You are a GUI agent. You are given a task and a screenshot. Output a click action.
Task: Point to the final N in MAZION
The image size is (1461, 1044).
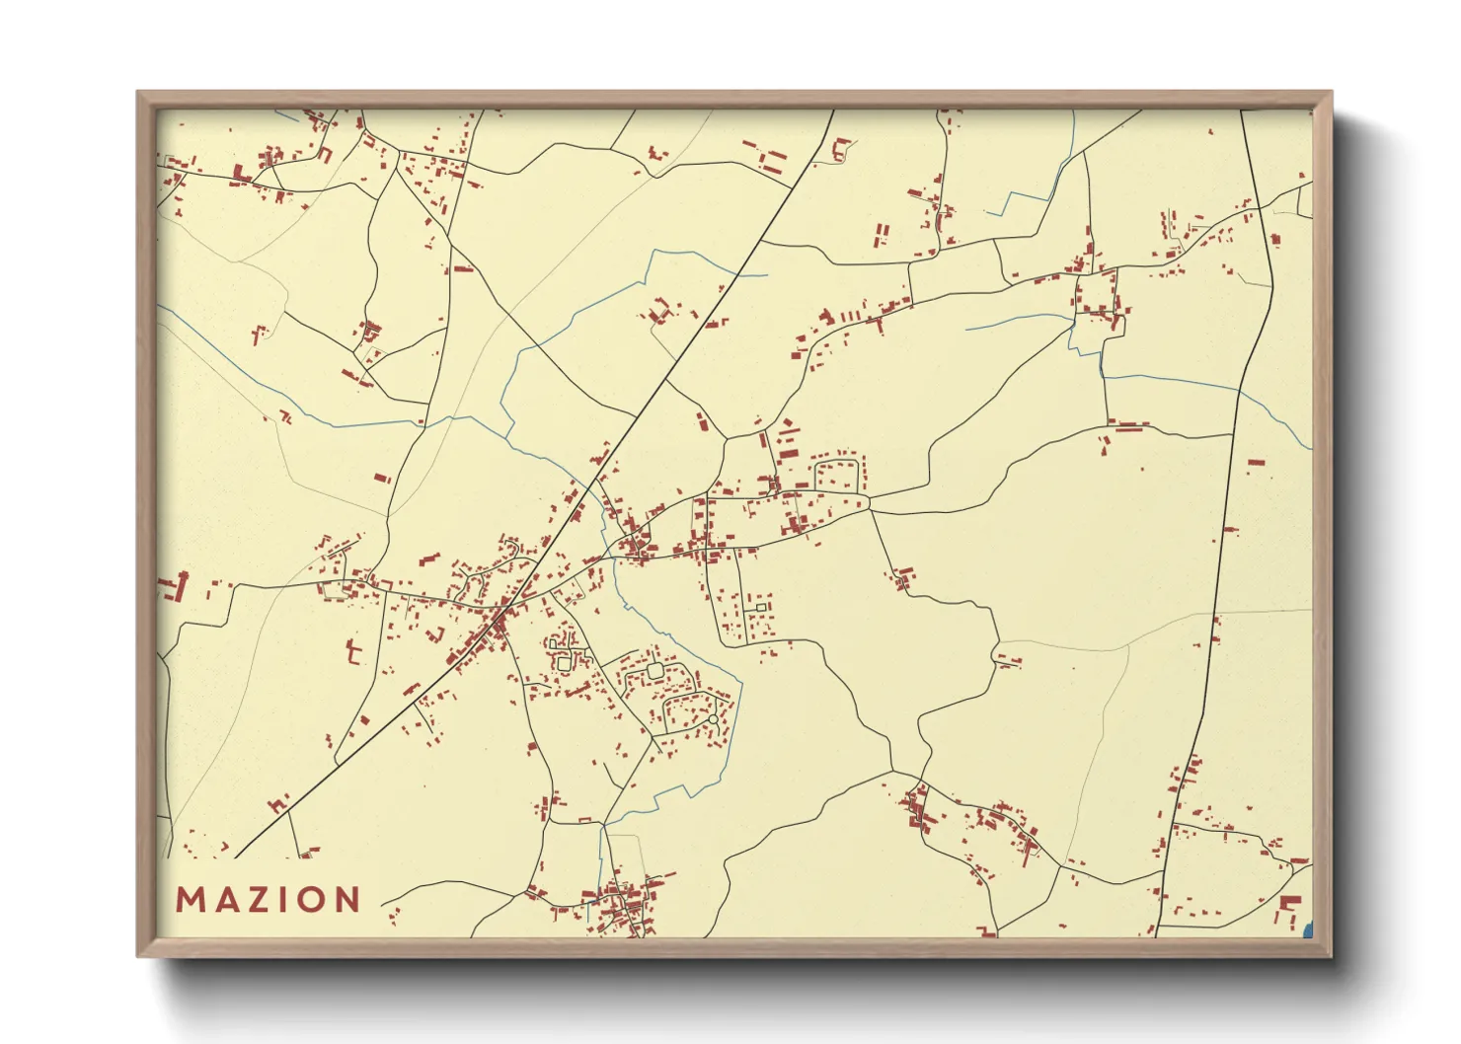pyautogui.click(x=348, y=900)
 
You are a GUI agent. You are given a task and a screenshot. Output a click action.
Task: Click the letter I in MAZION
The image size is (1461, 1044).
pyautogui.click(x=284, y=900)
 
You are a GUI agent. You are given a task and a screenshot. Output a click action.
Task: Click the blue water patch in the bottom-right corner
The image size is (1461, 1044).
pyautogui.click(x=1309, y=929)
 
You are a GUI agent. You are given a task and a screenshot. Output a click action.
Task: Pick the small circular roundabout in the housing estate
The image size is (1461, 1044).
pyautogui.click(x=713, y=719)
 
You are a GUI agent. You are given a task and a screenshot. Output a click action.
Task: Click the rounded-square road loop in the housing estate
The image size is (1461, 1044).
pyautogui.click(x=654, y=671)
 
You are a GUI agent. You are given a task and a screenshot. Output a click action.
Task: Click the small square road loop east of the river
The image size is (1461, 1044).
pyautogui.click(x=761, y=606)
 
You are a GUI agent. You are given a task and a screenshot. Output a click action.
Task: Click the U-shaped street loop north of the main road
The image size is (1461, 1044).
pyautogui.click(x=838, y=474)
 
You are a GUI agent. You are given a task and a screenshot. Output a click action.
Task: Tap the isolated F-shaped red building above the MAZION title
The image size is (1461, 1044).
pyautogui.click(x=353, y=650)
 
